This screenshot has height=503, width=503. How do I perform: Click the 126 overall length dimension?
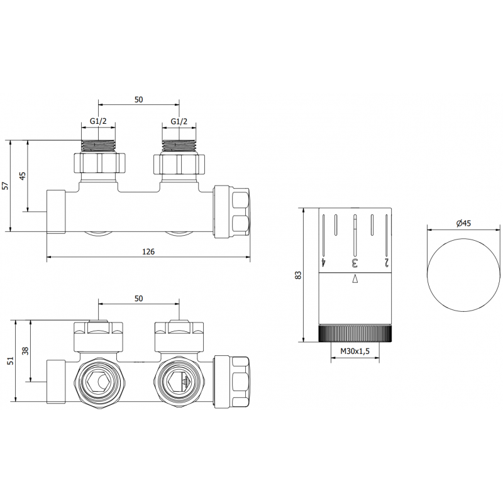click(x=148, y=251)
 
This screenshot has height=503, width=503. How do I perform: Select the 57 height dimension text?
click(x=6, y=185)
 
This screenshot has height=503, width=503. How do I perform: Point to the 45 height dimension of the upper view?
click(x=23, y=175)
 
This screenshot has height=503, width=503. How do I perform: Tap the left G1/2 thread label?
click(x=99, y=121)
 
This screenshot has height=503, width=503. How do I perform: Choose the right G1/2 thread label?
click(x=179, y=121)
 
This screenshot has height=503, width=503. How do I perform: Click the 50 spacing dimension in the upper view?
click(x=139, y=99)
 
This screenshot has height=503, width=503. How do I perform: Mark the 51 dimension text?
click(x=9, y=360)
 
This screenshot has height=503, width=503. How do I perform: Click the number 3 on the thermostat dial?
click(x=355, y=262)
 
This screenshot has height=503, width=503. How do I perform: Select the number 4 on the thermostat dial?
click(x=324, y=262)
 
